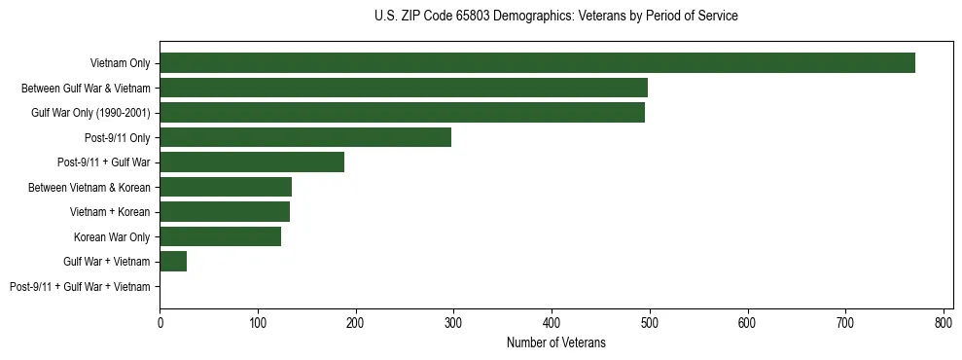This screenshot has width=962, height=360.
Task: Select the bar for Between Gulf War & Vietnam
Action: [x=404, y=88]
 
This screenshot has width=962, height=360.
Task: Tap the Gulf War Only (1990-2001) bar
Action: [x=402, y=113]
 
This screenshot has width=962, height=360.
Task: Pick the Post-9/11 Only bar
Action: [x=305, y=137]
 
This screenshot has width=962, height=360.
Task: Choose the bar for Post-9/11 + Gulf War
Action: [x=252, y=162]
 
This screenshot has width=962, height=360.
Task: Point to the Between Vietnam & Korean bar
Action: [x=226, y=187]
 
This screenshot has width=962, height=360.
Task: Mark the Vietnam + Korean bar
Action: [x=225, y=212]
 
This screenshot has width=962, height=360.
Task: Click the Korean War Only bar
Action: [x=220, y=236]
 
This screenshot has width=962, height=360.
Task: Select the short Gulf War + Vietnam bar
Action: [x=173, y=262]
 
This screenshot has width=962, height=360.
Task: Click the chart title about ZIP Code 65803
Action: [x=555, y=17]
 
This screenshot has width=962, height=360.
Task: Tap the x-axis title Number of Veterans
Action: [x=555, y=342]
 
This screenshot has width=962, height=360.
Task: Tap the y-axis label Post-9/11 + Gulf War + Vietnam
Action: [x=80, y=287]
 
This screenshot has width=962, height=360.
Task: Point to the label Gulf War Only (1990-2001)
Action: [x=90, y=113]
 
